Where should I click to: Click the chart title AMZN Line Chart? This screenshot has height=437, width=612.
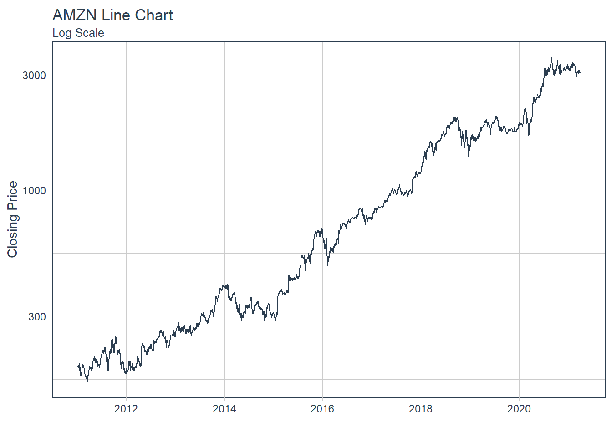pos(112,15)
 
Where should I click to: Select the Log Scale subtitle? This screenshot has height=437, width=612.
pos(78,33)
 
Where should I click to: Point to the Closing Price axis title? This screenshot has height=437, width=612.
pos(13,219)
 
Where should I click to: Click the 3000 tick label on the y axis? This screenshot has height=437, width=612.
pos(35,76)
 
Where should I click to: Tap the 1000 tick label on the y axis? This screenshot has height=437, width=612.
pos(35,191)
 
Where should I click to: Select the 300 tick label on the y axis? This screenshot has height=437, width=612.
pos(37,317)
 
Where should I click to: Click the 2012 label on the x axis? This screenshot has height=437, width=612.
pos(126,409)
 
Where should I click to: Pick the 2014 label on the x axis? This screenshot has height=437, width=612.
pos(224,409)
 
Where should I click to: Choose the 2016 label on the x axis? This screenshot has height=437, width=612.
pos(322,409)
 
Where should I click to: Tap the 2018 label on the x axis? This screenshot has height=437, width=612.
pos(421,409)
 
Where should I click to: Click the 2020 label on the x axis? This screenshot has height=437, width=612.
pos(519,409)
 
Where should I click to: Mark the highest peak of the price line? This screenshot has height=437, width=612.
pos(552,58)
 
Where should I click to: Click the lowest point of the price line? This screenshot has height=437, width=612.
pos(87,381)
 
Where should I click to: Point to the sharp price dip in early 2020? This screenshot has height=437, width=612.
pos(529,135)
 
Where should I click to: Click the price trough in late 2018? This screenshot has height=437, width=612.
pos(469,158)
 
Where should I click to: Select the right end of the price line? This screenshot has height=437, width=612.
pos(580,72)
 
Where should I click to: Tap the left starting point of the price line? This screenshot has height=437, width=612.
pos(77,366)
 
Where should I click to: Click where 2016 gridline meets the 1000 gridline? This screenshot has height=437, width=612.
pos(322,190)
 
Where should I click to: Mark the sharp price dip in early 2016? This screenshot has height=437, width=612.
pos(328,266)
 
